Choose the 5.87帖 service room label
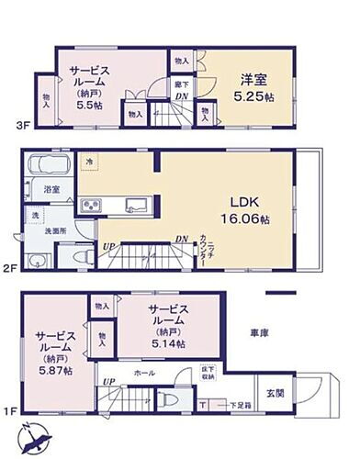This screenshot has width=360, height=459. click(x=53, y=350)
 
